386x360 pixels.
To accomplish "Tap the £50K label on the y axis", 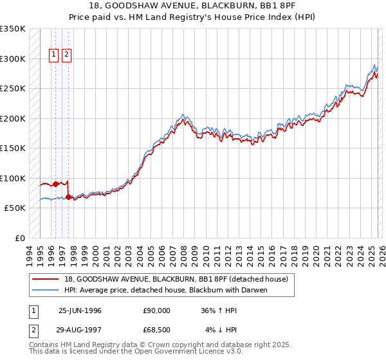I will pyautogui.click(x=15, y=208).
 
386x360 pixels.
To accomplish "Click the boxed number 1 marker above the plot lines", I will pyautogui.click(x=55, y=55).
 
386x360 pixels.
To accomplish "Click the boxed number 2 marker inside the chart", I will pyautogui.click(x=67, y=55).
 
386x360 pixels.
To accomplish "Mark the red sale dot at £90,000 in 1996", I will pyautogui.click(x=56, y=184).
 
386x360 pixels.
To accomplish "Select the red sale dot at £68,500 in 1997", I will pyautogui.click(x=69, y=197).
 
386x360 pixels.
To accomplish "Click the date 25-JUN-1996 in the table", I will pyautogui.click(x=80, y=310).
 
